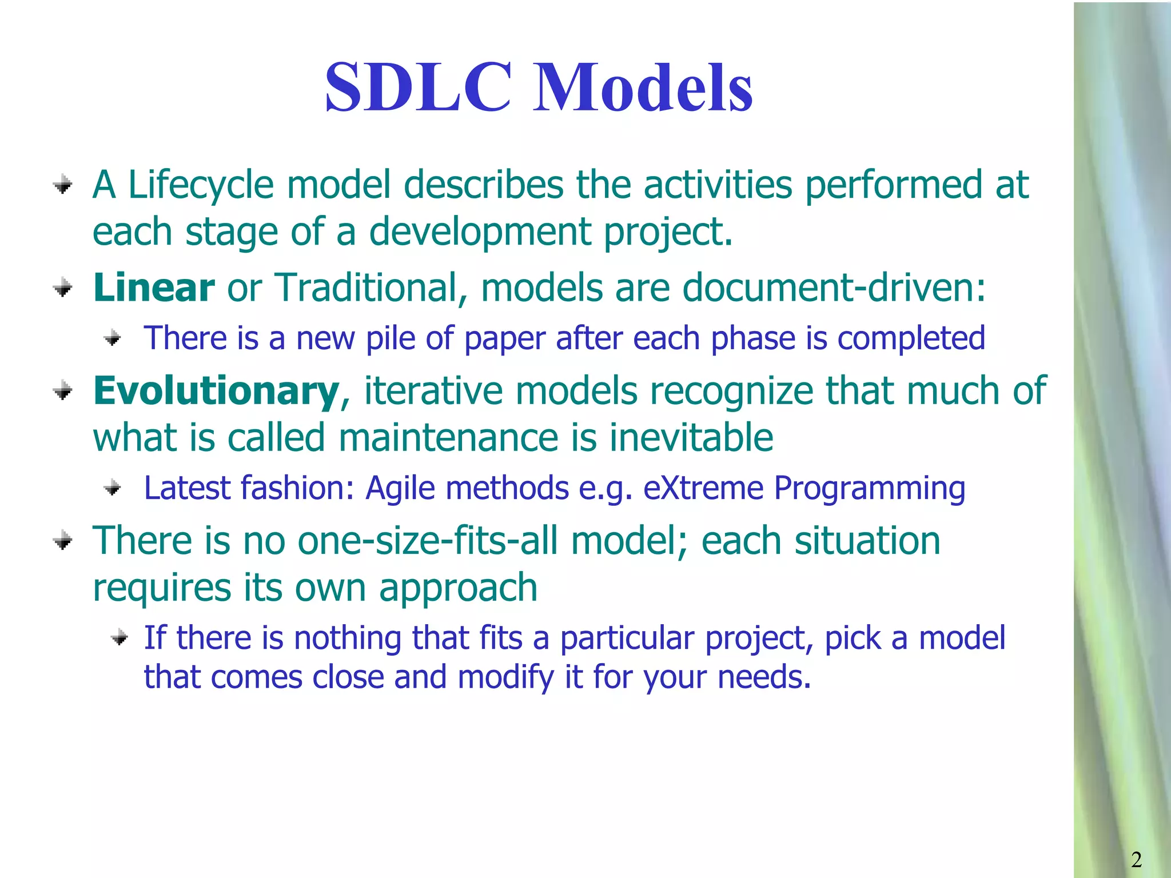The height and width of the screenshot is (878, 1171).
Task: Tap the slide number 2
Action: (x=1136, y=859)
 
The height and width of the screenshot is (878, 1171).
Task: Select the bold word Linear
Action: (x=154, y=287)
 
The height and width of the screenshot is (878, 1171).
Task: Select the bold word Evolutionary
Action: (x=216, y=391)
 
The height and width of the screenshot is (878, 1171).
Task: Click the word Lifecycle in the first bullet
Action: (x=201, y=185)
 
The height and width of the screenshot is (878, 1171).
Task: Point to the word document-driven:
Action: (x=834, y=287)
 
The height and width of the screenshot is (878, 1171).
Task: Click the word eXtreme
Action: (x=703, y=489)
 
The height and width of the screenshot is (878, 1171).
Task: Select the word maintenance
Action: (x=448, y=438)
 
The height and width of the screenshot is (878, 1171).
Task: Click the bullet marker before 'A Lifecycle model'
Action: (x=62, y=185)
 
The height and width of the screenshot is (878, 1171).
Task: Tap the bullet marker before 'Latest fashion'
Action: (x=113, y=488)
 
